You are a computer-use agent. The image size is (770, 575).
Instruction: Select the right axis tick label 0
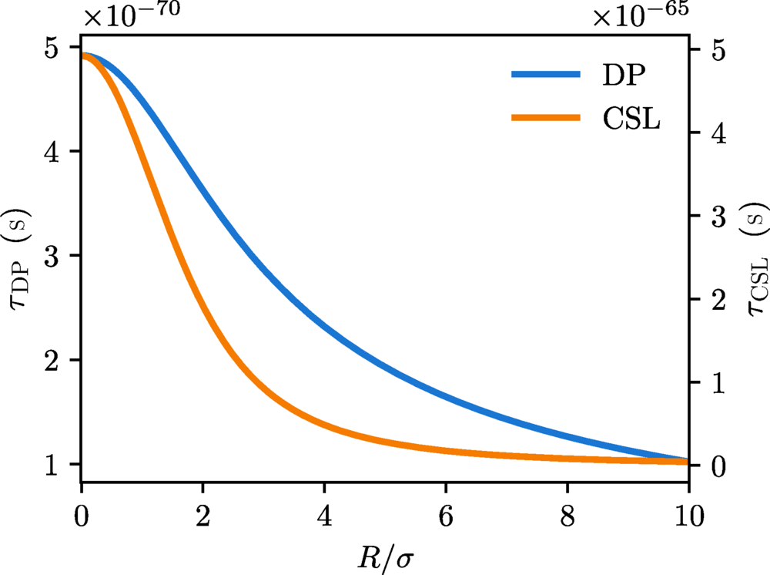(x=716, y=466)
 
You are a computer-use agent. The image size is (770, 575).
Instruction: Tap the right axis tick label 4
(x=716, y=133)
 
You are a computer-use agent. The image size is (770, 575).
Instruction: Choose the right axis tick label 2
(x=716, y=299)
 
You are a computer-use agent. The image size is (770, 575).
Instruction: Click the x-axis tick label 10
(x=688, y=516)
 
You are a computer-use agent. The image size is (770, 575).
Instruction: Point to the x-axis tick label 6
(x=445, y=516)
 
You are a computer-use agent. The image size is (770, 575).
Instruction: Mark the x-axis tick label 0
(x=81, y=516)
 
